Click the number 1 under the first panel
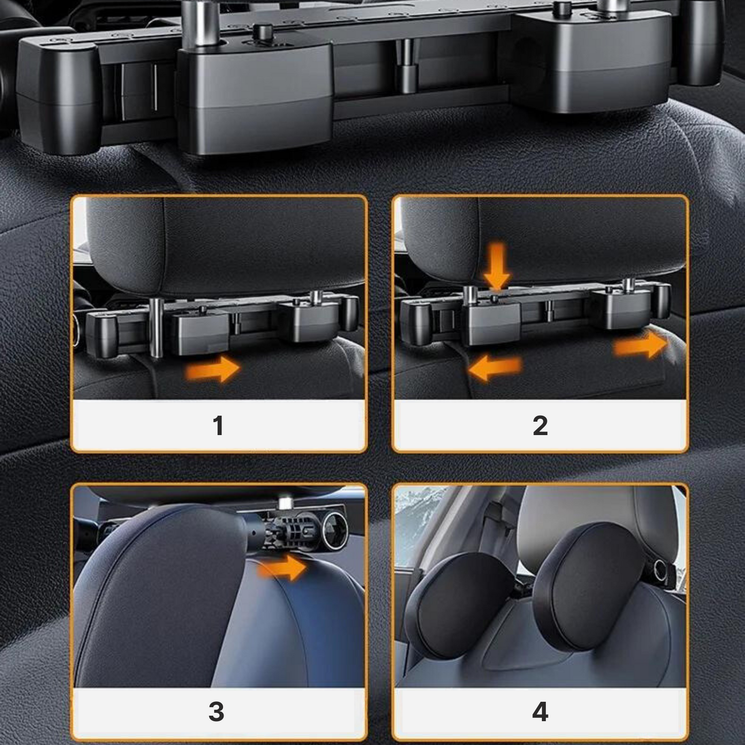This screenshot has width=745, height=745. click(219, 426)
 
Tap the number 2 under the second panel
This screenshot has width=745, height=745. click(540, 426)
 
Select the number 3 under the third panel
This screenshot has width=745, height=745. click(217, 711)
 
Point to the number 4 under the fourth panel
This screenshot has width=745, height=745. click(540, 712)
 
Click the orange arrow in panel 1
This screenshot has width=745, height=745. click(213, 369)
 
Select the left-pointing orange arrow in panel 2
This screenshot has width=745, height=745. click(495, 369)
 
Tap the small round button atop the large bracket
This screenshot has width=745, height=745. click(262, 31)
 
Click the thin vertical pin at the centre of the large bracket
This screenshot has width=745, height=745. click(405, 65)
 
